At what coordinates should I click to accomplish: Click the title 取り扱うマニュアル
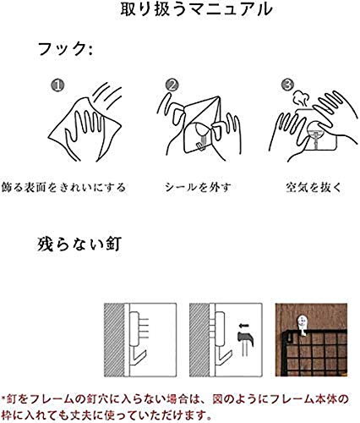tap(196, 10)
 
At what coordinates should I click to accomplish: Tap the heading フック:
tap(65, 49)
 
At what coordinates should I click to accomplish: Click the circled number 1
tap(57, 85)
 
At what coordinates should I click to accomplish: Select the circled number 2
tap(172, 85)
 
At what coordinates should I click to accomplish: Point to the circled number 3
tap(287, 85)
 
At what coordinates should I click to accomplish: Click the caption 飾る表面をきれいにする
tap(63, 187)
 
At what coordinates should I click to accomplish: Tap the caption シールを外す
tap(198, 187)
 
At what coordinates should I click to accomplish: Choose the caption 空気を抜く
tap(314, 187)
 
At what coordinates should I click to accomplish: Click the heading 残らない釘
tap(79, 244)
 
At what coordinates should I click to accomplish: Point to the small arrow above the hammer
tap(245, 326)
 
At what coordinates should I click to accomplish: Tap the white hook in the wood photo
tap(302, 326)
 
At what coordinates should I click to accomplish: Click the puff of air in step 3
tap(300, 98)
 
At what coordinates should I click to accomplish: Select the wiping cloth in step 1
tap(85, 126)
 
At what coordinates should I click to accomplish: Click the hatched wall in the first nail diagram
tap(114, 340)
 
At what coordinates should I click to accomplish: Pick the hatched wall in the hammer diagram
tap(199, 340)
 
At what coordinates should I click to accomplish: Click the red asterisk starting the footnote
tap(3, 399)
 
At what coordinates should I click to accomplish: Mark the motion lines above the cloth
tap(107, 96)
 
